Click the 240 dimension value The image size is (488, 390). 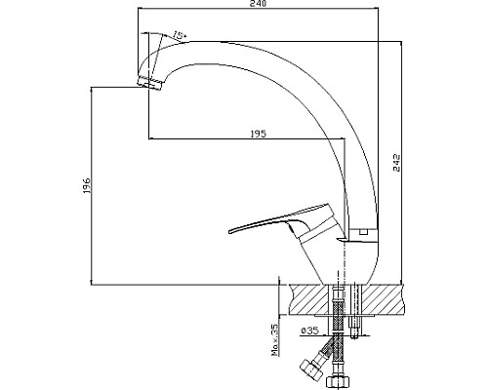[x=259, y=3]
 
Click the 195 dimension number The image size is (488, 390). [x=258, y=134]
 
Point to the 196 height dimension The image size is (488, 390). [x=86, y=186]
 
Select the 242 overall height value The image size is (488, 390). [x=397, y=163]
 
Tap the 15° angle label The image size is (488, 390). [x=180, y=35]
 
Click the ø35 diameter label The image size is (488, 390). [x=309, y=331]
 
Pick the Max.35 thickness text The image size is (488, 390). [x=275, y=339]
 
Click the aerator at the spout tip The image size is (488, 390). [x=150, y=84]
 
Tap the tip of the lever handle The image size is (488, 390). [x=230, y=231]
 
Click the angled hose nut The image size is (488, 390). [x=309, y=370]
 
